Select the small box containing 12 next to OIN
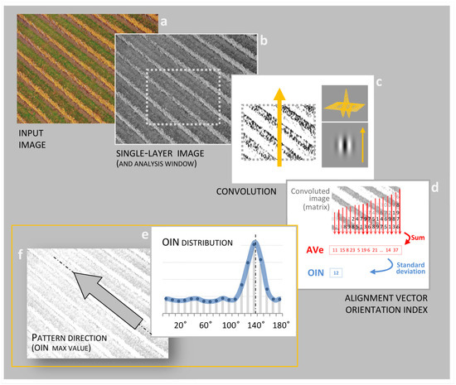[x=335, y=272]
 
